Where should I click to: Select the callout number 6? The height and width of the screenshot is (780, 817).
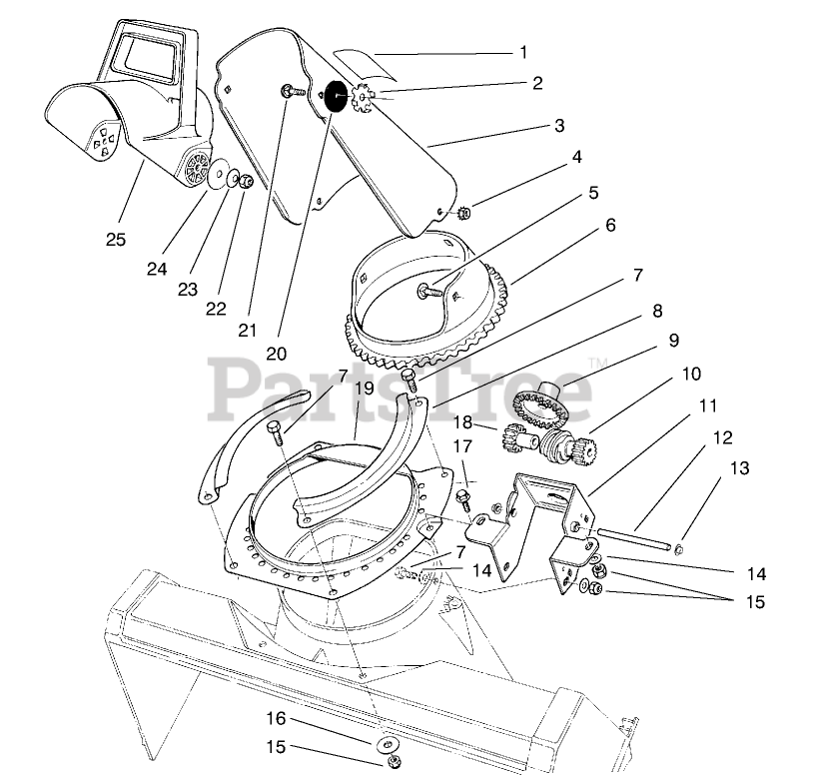tap(609, 226)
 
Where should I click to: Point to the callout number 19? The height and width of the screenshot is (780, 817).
tap(364, 389)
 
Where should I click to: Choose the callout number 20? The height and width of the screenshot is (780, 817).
tap(278, 352)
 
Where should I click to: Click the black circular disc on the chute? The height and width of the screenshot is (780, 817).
tap(335, 97)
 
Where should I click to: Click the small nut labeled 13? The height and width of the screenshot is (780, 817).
tap(678, 547)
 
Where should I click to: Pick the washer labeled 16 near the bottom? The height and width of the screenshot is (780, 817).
tap(386, 744)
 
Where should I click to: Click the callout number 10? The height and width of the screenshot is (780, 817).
tap(691, 374)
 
